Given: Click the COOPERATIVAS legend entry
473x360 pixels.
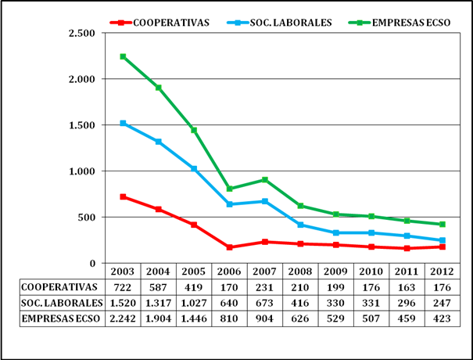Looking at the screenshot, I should point(170,22).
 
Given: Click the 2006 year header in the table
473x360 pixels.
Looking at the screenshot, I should point(229,272).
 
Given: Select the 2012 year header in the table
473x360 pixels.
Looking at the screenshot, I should point(441,272).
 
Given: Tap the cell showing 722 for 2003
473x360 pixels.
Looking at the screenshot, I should point(124,287).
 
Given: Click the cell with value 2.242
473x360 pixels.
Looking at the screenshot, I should point(124,319).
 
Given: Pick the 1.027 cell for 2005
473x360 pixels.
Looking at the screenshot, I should point(194,303).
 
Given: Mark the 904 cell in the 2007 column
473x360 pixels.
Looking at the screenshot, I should point(264,319).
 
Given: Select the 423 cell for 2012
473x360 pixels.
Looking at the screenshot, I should point(441,319).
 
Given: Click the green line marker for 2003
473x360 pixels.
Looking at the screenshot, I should point(124,56).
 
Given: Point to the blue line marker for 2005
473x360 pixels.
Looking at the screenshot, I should point(194,169).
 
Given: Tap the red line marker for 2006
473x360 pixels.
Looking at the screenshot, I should point(229,247).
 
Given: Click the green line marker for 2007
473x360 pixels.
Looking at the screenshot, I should point(264,180).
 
